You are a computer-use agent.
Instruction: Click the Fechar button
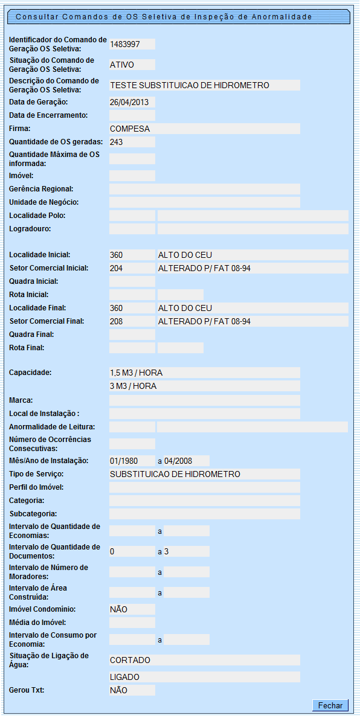pos(330,705)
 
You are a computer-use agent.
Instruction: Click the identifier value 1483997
pos(125,44)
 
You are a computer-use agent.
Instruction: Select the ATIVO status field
pos(122,65)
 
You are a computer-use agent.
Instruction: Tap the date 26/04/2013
pos(124,102)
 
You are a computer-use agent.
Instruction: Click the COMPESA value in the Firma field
pos(130,129)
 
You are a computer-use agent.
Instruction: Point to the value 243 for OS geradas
pos(117,142)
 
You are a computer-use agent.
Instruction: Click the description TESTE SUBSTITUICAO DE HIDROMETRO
pos(190,85)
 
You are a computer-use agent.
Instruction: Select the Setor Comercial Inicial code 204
pos(117,268)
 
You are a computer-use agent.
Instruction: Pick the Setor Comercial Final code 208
pos(117,321)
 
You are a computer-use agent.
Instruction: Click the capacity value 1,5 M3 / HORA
pos(137,373)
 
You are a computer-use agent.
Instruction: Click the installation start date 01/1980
pos(124,461)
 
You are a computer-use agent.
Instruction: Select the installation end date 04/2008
pos(178,461)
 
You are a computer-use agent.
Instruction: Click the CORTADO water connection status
pos(130,660)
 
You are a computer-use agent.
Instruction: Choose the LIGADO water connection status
pos(125,677)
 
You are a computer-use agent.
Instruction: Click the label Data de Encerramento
pos(49,115)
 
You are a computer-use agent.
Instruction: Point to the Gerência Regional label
pos(41,189)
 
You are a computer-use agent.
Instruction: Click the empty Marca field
pos(204,400)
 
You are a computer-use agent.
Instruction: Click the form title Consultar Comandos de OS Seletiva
pos(164,17)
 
